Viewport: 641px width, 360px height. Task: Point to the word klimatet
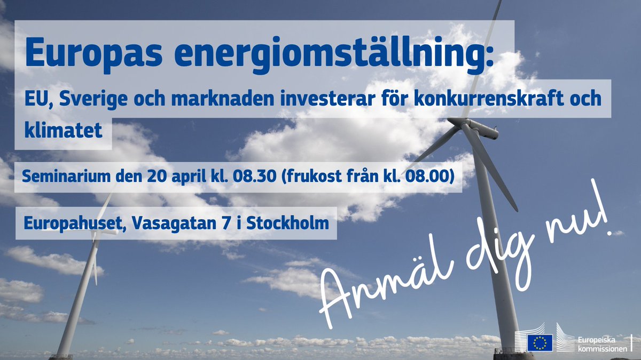63,130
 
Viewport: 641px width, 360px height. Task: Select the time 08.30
264,177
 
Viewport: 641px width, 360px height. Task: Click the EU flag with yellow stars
540,342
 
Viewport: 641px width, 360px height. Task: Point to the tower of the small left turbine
77,304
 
